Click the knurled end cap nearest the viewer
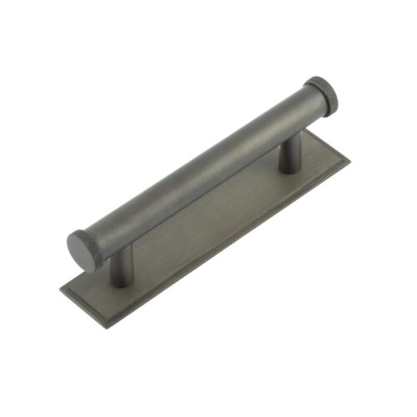click(87, 249)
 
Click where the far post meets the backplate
click(290, 170)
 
